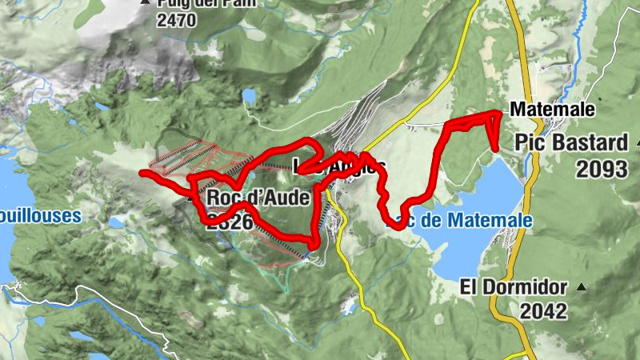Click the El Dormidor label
514,287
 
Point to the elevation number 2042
541,311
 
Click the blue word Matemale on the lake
488,220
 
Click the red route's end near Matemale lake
496,148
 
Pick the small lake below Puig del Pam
250,97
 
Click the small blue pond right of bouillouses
117,222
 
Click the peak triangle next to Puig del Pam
145,3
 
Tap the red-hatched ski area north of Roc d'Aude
205,157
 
